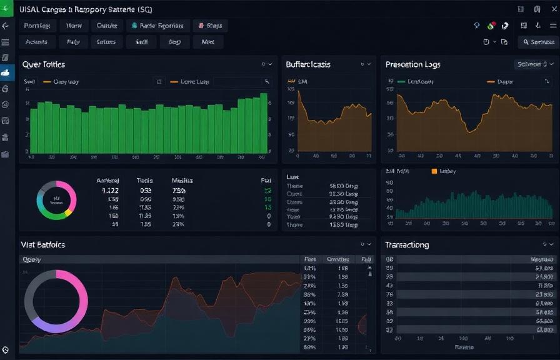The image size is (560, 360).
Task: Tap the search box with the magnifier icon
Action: click(537, 42)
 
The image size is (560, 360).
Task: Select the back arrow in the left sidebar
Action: click(6, 26)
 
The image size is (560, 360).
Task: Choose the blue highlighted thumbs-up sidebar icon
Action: click(6, 72)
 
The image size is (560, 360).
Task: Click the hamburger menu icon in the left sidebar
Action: click(6, 42)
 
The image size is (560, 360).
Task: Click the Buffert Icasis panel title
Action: click(308, 64)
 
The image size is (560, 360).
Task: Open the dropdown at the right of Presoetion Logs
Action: click(532, 64)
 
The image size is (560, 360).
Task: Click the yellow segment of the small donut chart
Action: click(67, 212)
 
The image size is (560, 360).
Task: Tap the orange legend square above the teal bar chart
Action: click(435, 171)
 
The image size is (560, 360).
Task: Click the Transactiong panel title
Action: click(407, 245)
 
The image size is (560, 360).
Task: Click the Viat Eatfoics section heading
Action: click(43, 245)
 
